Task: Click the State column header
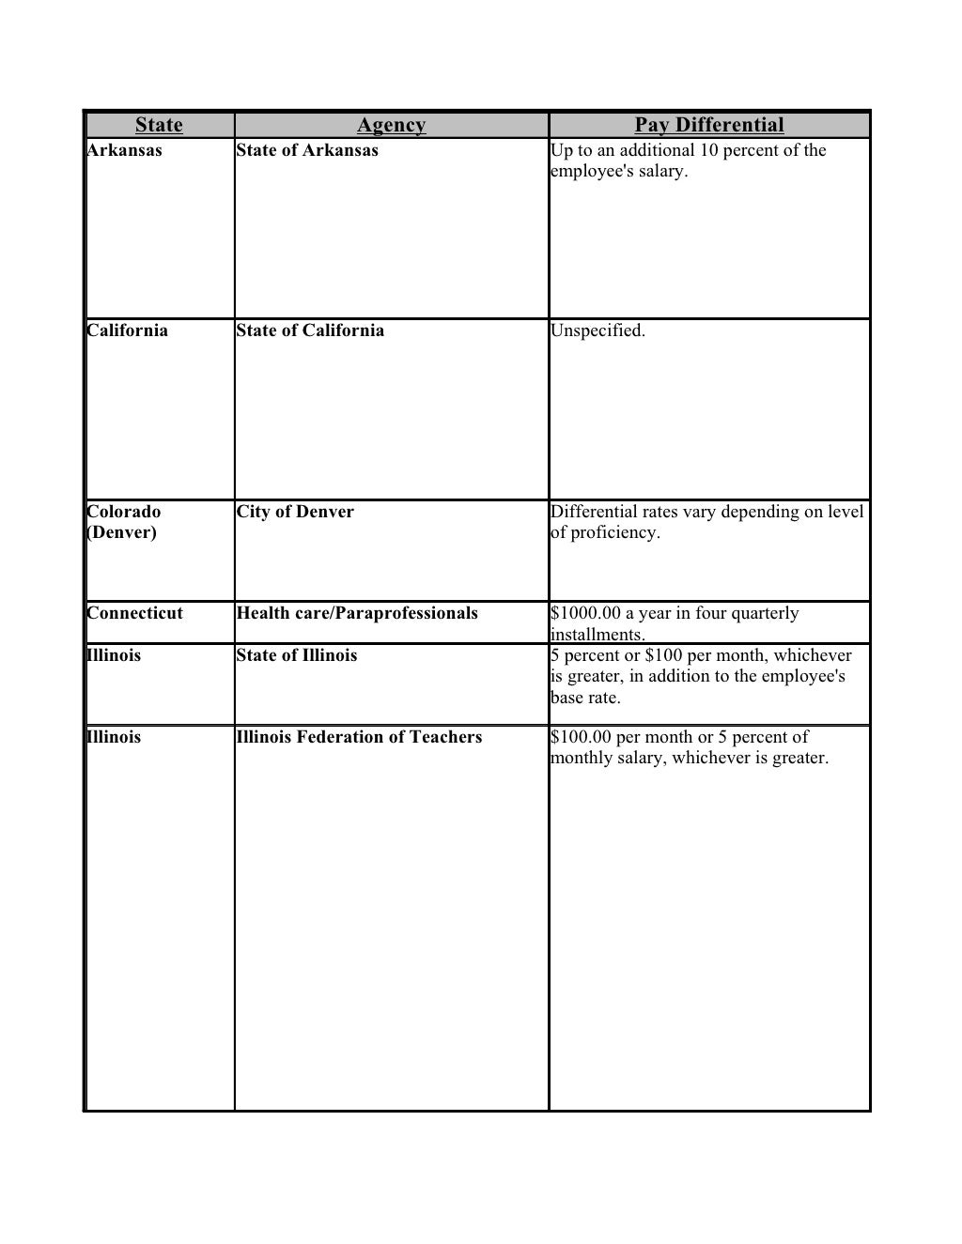(x=159, y=125)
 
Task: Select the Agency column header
(x=391, y=125)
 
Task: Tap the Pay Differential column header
(x=708, y=125)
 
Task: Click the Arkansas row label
(x=124, y=150)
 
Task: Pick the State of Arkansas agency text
(x=307, y=150)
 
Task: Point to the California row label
(x=127, y=330)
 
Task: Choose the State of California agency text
(x=310, y=330)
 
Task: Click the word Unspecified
(x=597, y=330)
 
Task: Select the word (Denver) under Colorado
(x=121, y=532)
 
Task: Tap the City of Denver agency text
(x=295, y=512)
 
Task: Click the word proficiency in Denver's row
(x=615, y=532)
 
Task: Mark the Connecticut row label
(x=134, y=613)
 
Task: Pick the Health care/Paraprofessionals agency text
(x=357, y=613)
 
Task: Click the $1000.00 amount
(x=585, y=613)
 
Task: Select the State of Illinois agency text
(x=297, y=655)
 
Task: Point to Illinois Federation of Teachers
(x=359, y=737)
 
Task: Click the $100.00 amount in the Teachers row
(x=581, y=737)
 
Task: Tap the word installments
(x=597, y=635)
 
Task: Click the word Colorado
(x=123, y=512)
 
